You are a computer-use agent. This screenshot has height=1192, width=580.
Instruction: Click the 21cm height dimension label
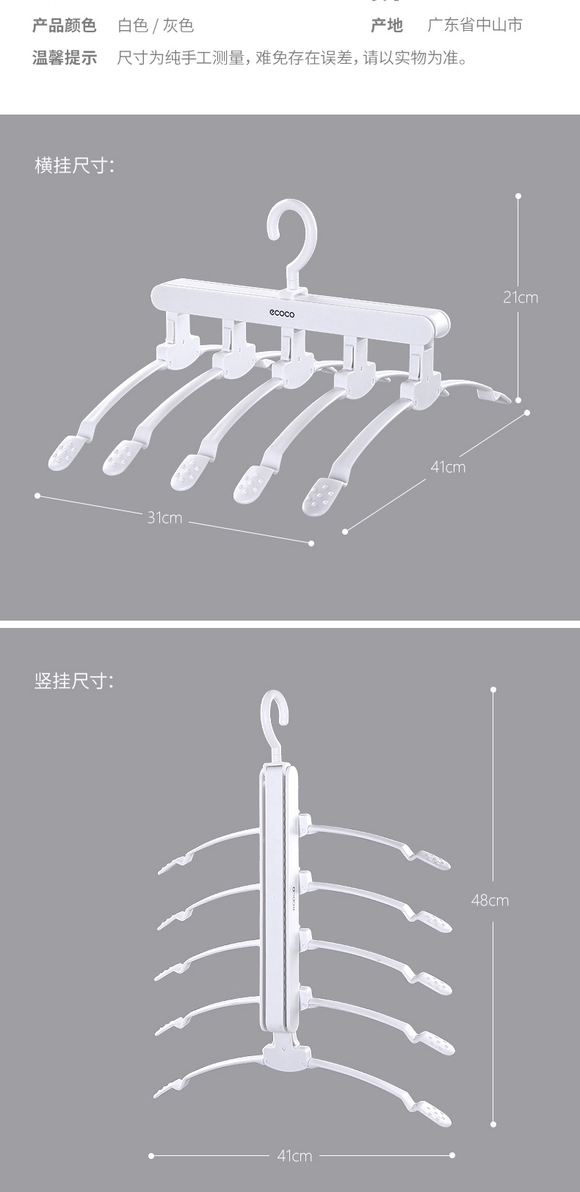pyautogui.click(x=521, y=297)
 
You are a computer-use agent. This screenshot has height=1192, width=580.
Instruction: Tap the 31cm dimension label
pyautogui.click(x=164, y=517)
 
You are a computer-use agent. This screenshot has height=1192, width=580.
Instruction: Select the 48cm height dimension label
pyautogui.click(x=490, y=900)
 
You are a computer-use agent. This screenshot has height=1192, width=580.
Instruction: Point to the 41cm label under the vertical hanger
pyautogui.click(x=294, y=1155)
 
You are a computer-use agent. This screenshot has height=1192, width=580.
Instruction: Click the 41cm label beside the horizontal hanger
pyautogui.click(x=448, y=467)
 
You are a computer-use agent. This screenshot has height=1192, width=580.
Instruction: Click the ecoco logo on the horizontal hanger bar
pyautogui.click(x=281, y=314)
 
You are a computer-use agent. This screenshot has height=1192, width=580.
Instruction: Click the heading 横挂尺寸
pyautogui.click(x=74, y=165)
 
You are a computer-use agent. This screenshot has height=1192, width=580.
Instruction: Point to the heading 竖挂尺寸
pyautogui.click(x=74, y=681)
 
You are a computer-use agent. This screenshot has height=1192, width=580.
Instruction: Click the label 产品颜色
pyautogui.click(x=65, y=26)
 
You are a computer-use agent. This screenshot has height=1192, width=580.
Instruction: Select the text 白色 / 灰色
pyautogui.click(x=156, y=26)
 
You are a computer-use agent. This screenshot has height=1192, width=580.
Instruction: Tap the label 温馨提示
pyautogui.click(x=65, y=57)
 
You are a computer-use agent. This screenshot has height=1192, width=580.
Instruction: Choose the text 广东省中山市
pyautogui.click(x=475, y=25)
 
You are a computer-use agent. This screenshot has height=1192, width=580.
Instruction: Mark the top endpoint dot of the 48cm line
pyautogui.click(x=494, y=690)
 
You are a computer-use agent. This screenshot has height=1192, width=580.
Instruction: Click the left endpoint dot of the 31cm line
pyautogui.click(x=37, y=496)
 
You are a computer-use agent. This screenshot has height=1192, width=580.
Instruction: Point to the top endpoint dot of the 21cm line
pyautogui.click(x=519, y=196)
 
